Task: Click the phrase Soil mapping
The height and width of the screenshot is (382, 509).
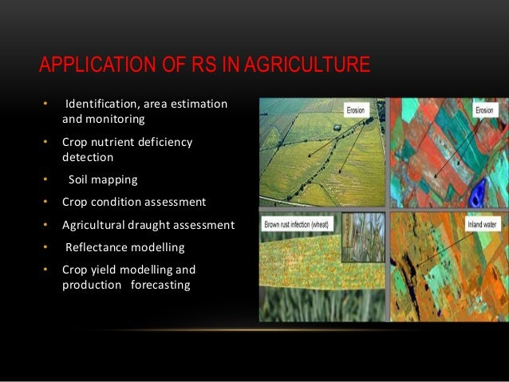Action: (x=103, y=179)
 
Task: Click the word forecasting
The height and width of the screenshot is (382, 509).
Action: (x=161, y=285)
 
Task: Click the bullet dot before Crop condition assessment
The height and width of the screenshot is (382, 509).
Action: (x=45, y=202)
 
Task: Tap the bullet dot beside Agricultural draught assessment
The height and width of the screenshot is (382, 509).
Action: (x=45, y=225)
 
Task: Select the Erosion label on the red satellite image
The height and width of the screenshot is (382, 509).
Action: (x=484, y=110)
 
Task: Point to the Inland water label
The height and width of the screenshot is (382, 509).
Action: (x=476, y=225)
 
